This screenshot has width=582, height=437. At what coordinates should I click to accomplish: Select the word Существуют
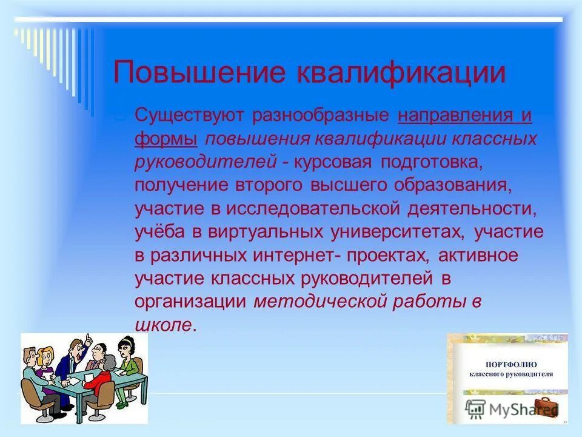pos(189,115)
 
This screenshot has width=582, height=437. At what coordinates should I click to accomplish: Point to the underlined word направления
pos(453,115)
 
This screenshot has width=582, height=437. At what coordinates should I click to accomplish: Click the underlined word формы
pos(166,140)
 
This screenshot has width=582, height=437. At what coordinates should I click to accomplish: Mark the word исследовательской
pos(313,209)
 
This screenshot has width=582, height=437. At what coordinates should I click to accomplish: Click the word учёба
pos(159,231)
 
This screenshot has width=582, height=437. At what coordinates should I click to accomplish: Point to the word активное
pos(478,256)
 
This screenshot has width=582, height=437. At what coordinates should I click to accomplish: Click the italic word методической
pos(320,302)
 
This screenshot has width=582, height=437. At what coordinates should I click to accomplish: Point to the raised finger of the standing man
pos(88,339)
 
